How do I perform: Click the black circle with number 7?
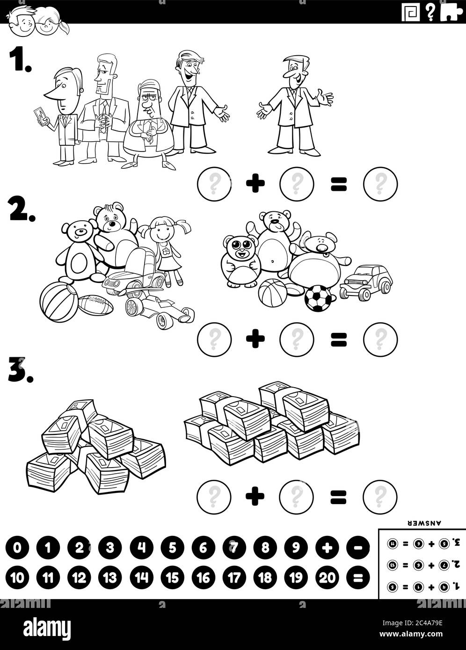tap(234, 548)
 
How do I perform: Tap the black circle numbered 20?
tap(328, 578)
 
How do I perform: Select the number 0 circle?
tap(17, 548)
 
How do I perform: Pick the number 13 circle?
tap(110, 578)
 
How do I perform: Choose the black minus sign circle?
tap(358, 548)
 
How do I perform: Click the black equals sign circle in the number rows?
tap(358, 578)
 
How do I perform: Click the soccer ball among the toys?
tap(318, 298)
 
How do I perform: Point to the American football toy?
tap(95, 304)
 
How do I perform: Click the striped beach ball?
tap(57, 303)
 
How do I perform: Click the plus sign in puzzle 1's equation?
tap(255, 183)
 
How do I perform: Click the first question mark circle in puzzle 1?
tap(214, 183)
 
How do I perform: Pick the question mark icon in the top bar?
tap(430, 13)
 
